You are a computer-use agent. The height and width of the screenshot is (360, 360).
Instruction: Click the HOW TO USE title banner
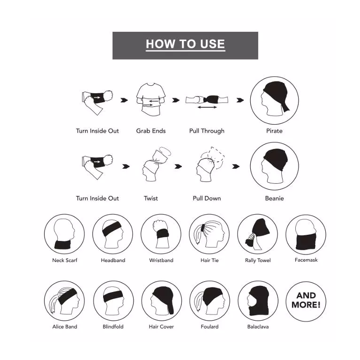click(x=185, y=45)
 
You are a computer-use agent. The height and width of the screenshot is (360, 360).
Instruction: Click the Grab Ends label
click(x=151, y=131)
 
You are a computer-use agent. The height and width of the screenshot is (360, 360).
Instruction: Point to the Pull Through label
click(x=207, y=131)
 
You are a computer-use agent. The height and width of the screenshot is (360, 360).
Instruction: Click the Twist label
click(x=151, y=198)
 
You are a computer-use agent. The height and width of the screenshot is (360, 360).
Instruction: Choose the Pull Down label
click(x=207, y=198)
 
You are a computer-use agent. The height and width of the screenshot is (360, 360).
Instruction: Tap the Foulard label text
click(x=210, y=327)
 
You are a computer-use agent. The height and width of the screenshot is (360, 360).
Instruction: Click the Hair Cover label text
click(x=161, y=327)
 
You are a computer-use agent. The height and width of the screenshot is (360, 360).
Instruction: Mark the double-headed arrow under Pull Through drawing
click(x=207, y=107)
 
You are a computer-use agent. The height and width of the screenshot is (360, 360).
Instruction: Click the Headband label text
click(x=113, y=260)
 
